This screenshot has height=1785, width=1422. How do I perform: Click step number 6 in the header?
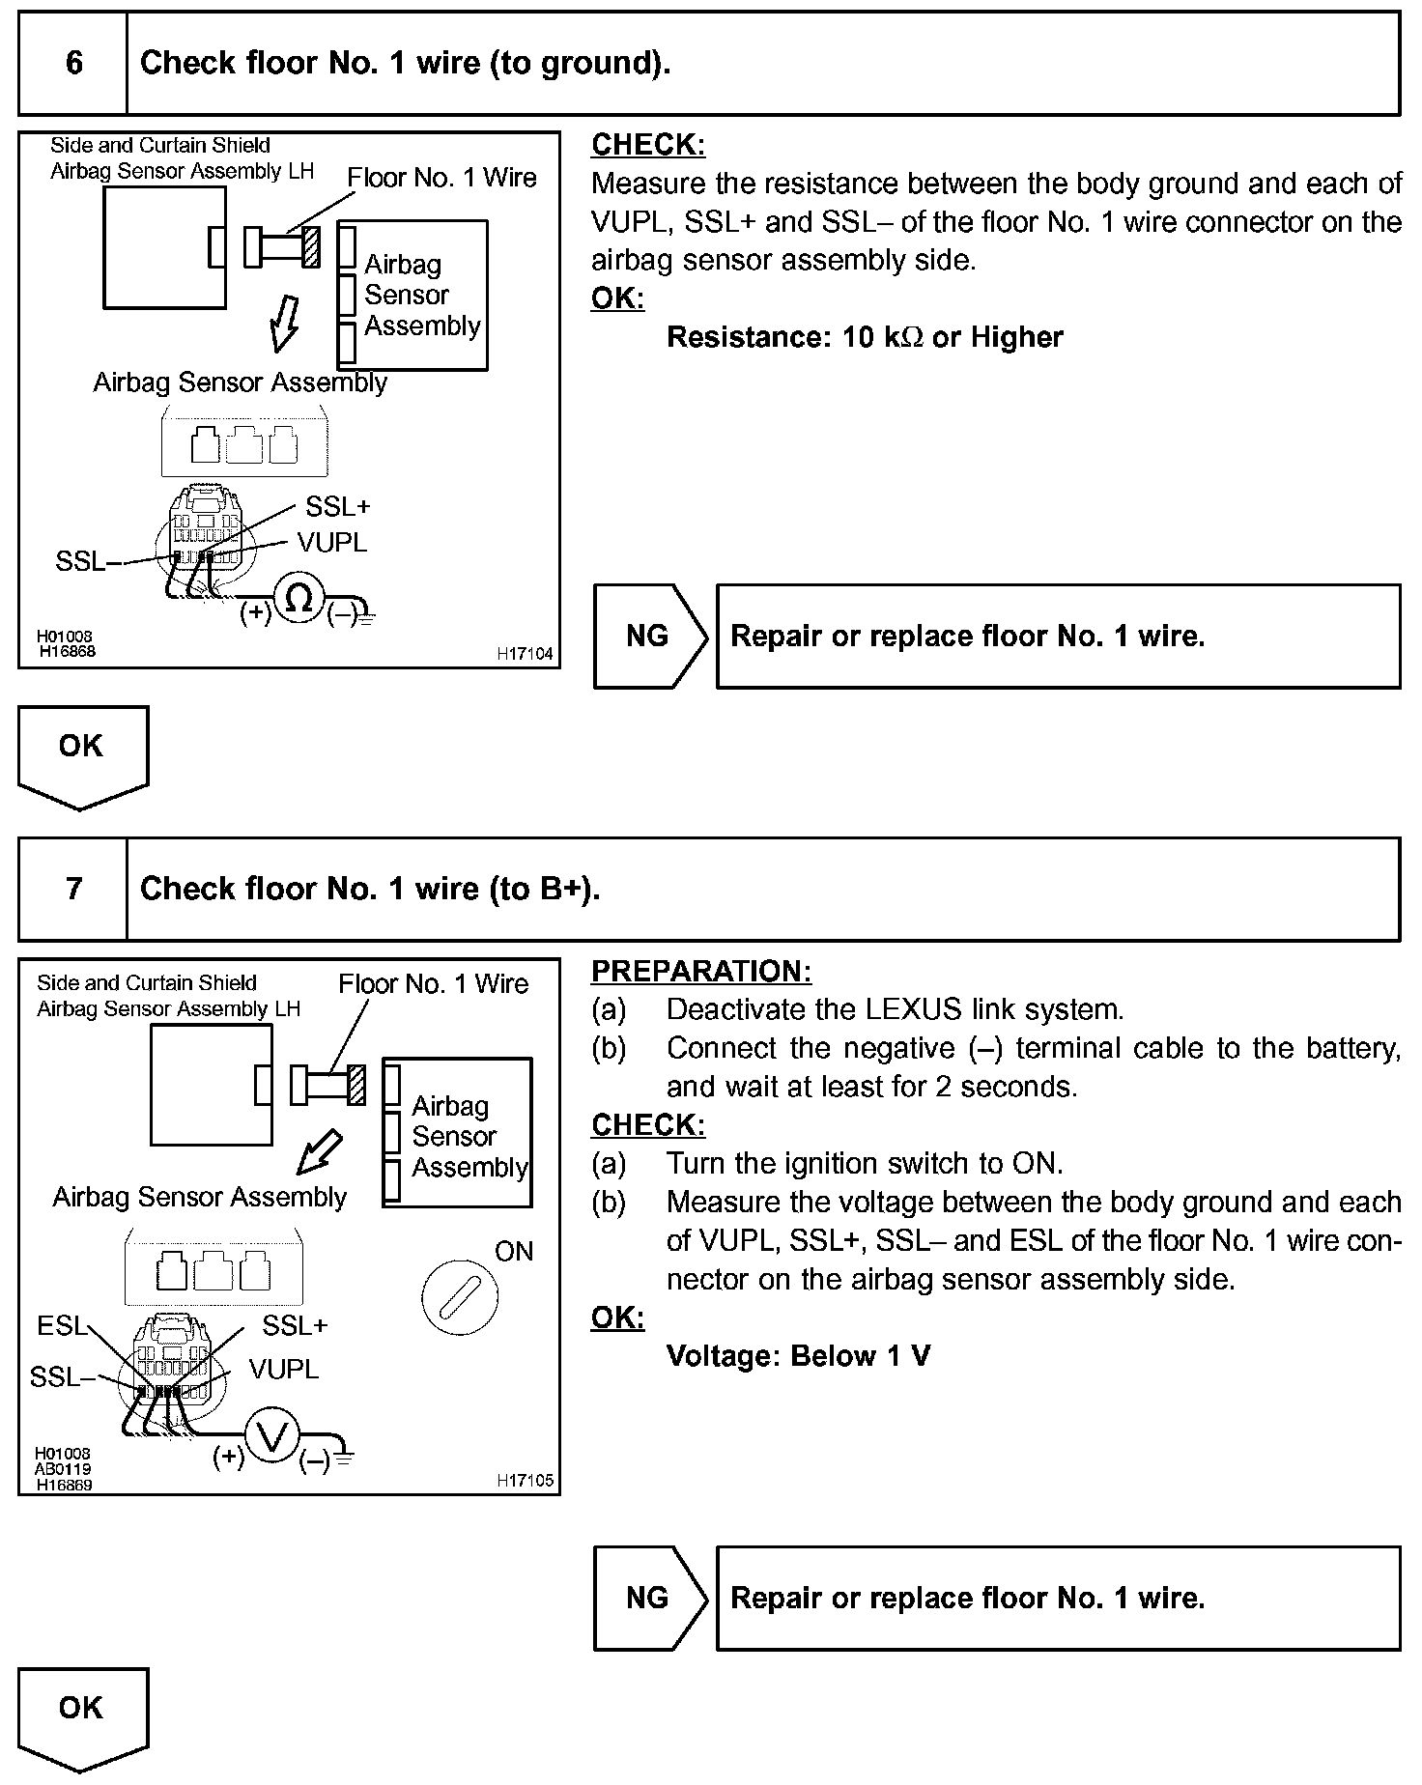coord(73,64)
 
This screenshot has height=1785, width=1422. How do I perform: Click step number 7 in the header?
coord(73,889)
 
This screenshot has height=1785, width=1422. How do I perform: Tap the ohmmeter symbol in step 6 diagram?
coord(299,600)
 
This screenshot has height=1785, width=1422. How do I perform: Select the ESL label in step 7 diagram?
coord(61,1325)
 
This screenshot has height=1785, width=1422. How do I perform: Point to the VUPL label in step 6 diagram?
coord(331,543)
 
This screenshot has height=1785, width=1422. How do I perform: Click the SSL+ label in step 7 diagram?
coord(295,1325)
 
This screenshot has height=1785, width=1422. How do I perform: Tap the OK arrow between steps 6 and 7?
coord(82,753)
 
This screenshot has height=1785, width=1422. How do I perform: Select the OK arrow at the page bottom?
coord(82,1715)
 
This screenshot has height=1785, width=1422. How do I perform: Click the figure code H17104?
coord(525,654)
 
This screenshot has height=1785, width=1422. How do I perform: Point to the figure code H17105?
coord(525,1481)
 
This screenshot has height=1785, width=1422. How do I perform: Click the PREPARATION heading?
coord(701,971)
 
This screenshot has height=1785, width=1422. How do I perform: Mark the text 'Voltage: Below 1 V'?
coord(798,1356)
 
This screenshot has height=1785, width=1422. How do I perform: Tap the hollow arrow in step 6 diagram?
coord(284,324)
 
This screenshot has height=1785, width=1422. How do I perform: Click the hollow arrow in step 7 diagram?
coord(320,1150)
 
